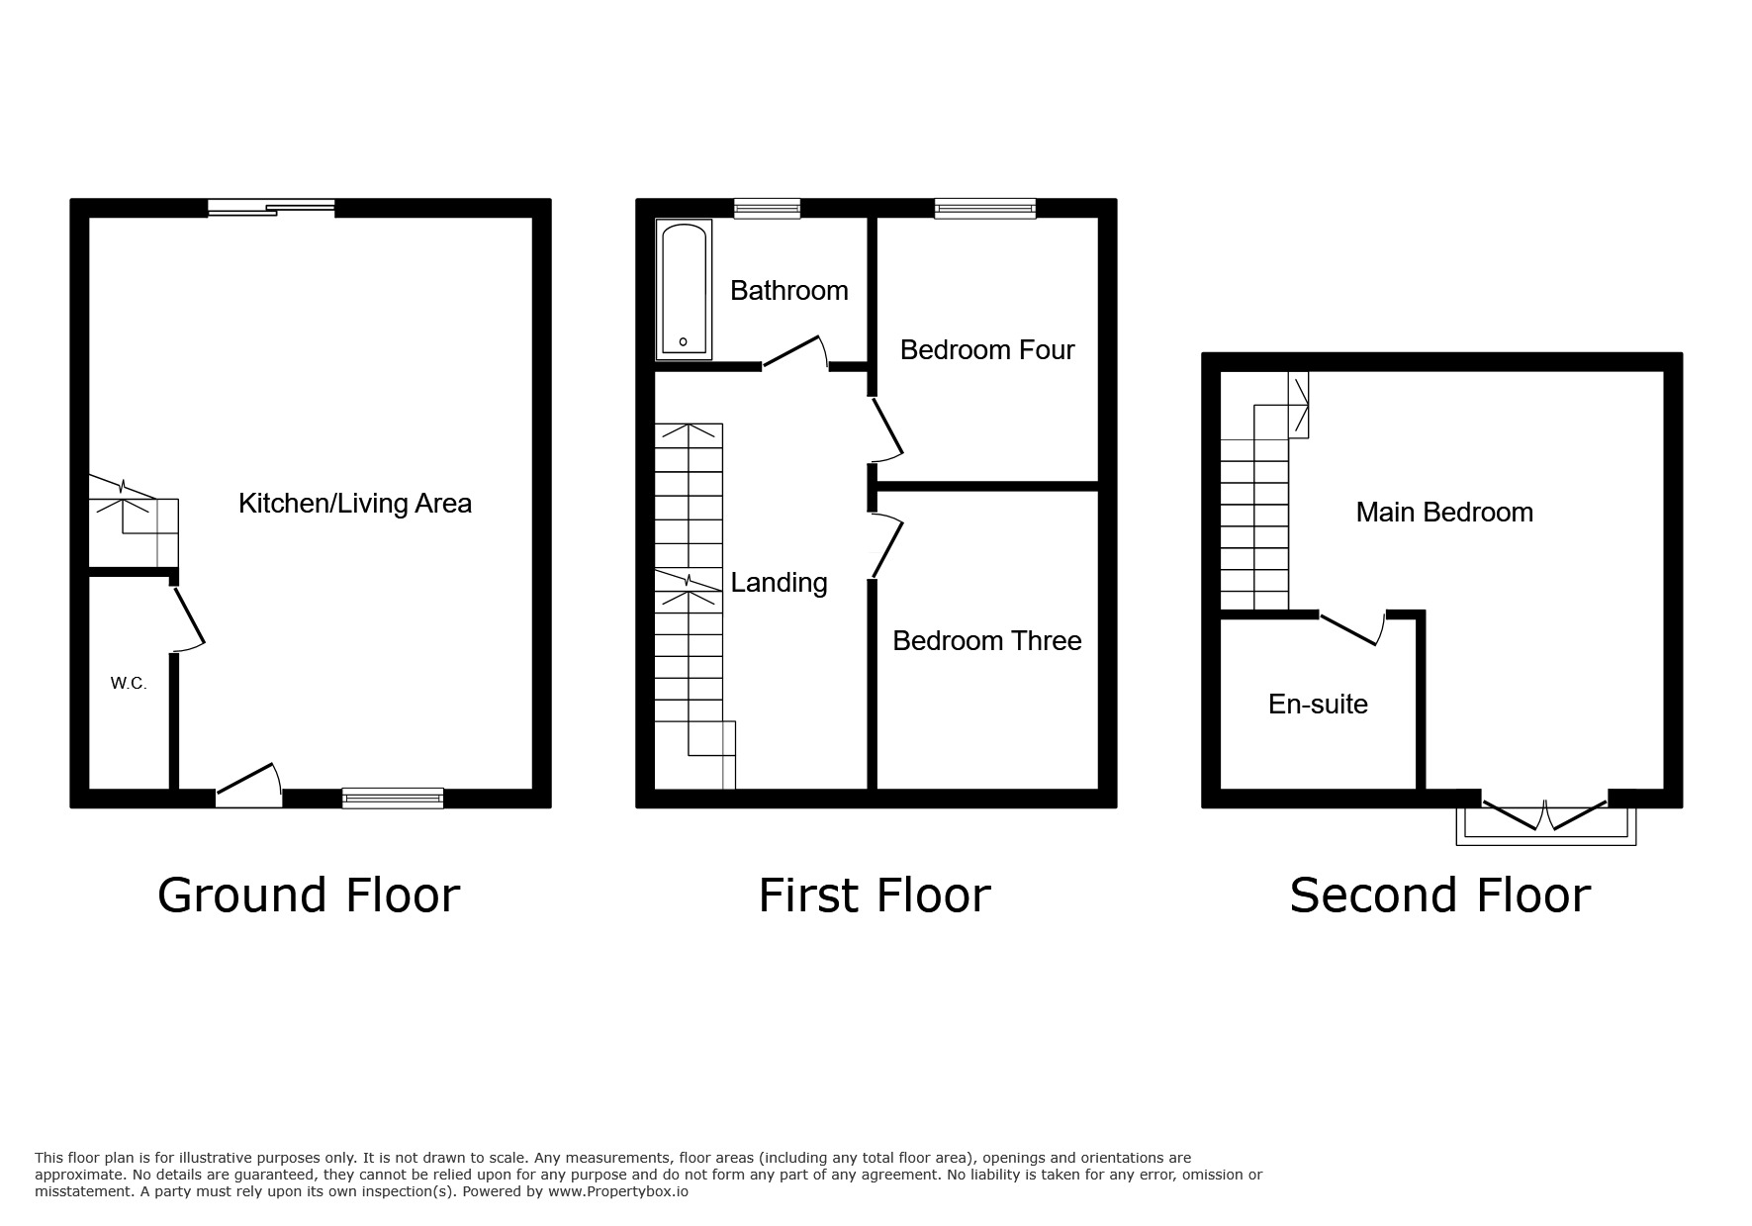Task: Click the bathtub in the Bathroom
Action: pos(684,289)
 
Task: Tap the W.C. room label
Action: pos(129,684)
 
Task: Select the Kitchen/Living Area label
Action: pos(355,504)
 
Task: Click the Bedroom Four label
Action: pos(986,350)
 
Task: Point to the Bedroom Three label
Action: pos(986,641)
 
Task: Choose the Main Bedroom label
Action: pos(1443,513)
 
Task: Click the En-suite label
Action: pos(1318,705)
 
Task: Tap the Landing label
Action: pos(779,583)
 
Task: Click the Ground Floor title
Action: pos(309,896)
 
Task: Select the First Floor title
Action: pos(874,896)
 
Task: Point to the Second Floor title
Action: pos(1439,896)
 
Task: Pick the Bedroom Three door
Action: pos(886,545)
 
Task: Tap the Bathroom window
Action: pos(767,208)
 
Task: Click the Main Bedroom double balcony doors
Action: pos(1544,816)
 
